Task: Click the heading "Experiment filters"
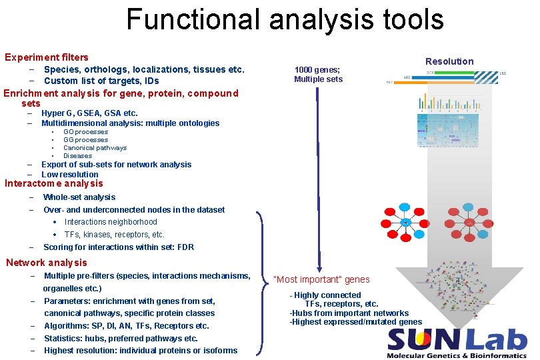47,57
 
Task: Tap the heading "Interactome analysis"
54,183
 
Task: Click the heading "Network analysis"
47,262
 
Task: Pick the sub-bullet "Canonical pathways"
95,148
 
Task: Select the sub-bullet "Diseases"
77,156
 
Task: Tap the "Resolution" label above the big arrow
449,61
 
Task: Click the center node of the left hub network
406,222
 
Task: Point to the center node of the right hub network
469,222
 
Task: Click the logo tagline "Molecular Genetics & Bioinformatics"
457,355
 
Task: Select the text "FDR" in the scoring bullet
186,247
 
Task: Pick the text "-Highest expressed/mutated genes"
355,322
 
